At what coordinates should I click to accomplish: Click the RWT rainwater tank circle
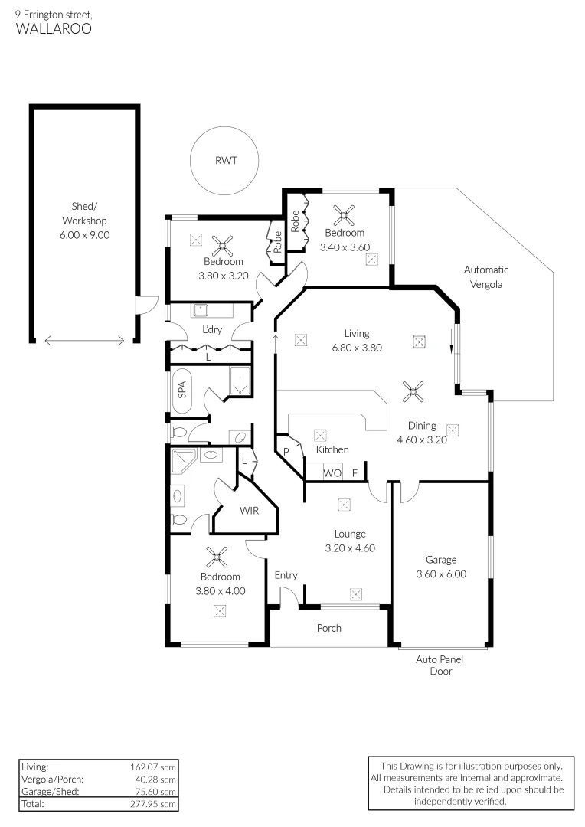pyautogui.click(x=225, y=161)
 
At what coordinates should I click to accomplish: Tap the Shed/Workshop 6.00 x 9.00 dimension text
pyautogui.click(x=84, y=235)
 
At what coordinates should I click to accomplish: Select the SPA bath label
pyautogui.click(x=182, y=391)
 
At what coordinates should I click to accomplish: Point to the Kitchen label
pyautogui.click(x=332, y=449)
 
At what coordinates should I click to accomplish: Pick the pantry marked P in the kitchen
pyautogui.click(x=286, y=452)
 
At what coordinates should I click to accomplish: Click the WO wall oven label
pyautogui.click(x=332, y=473)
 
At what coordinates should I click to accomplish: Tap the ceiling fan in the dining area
pyautogui.click(x=414, y=393)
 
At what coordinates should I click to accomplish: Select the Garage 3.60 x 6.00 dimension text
pyautogui.click(x=441, y=574)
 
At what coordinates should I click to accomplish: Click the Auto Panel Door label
pyautogui.click(x=440, y=665)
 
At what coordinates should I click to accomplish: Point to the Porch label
pyautogui.click(x=329, y=628)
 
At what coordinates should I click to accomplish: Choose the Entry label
pyautogui.click(x=286, y=575)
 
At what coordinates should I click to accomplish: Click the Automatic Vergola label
pyautogui.click(x=485, y=276)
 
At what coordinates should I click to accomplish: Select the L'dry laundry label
pyautogui.click(x=211, y=330)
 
